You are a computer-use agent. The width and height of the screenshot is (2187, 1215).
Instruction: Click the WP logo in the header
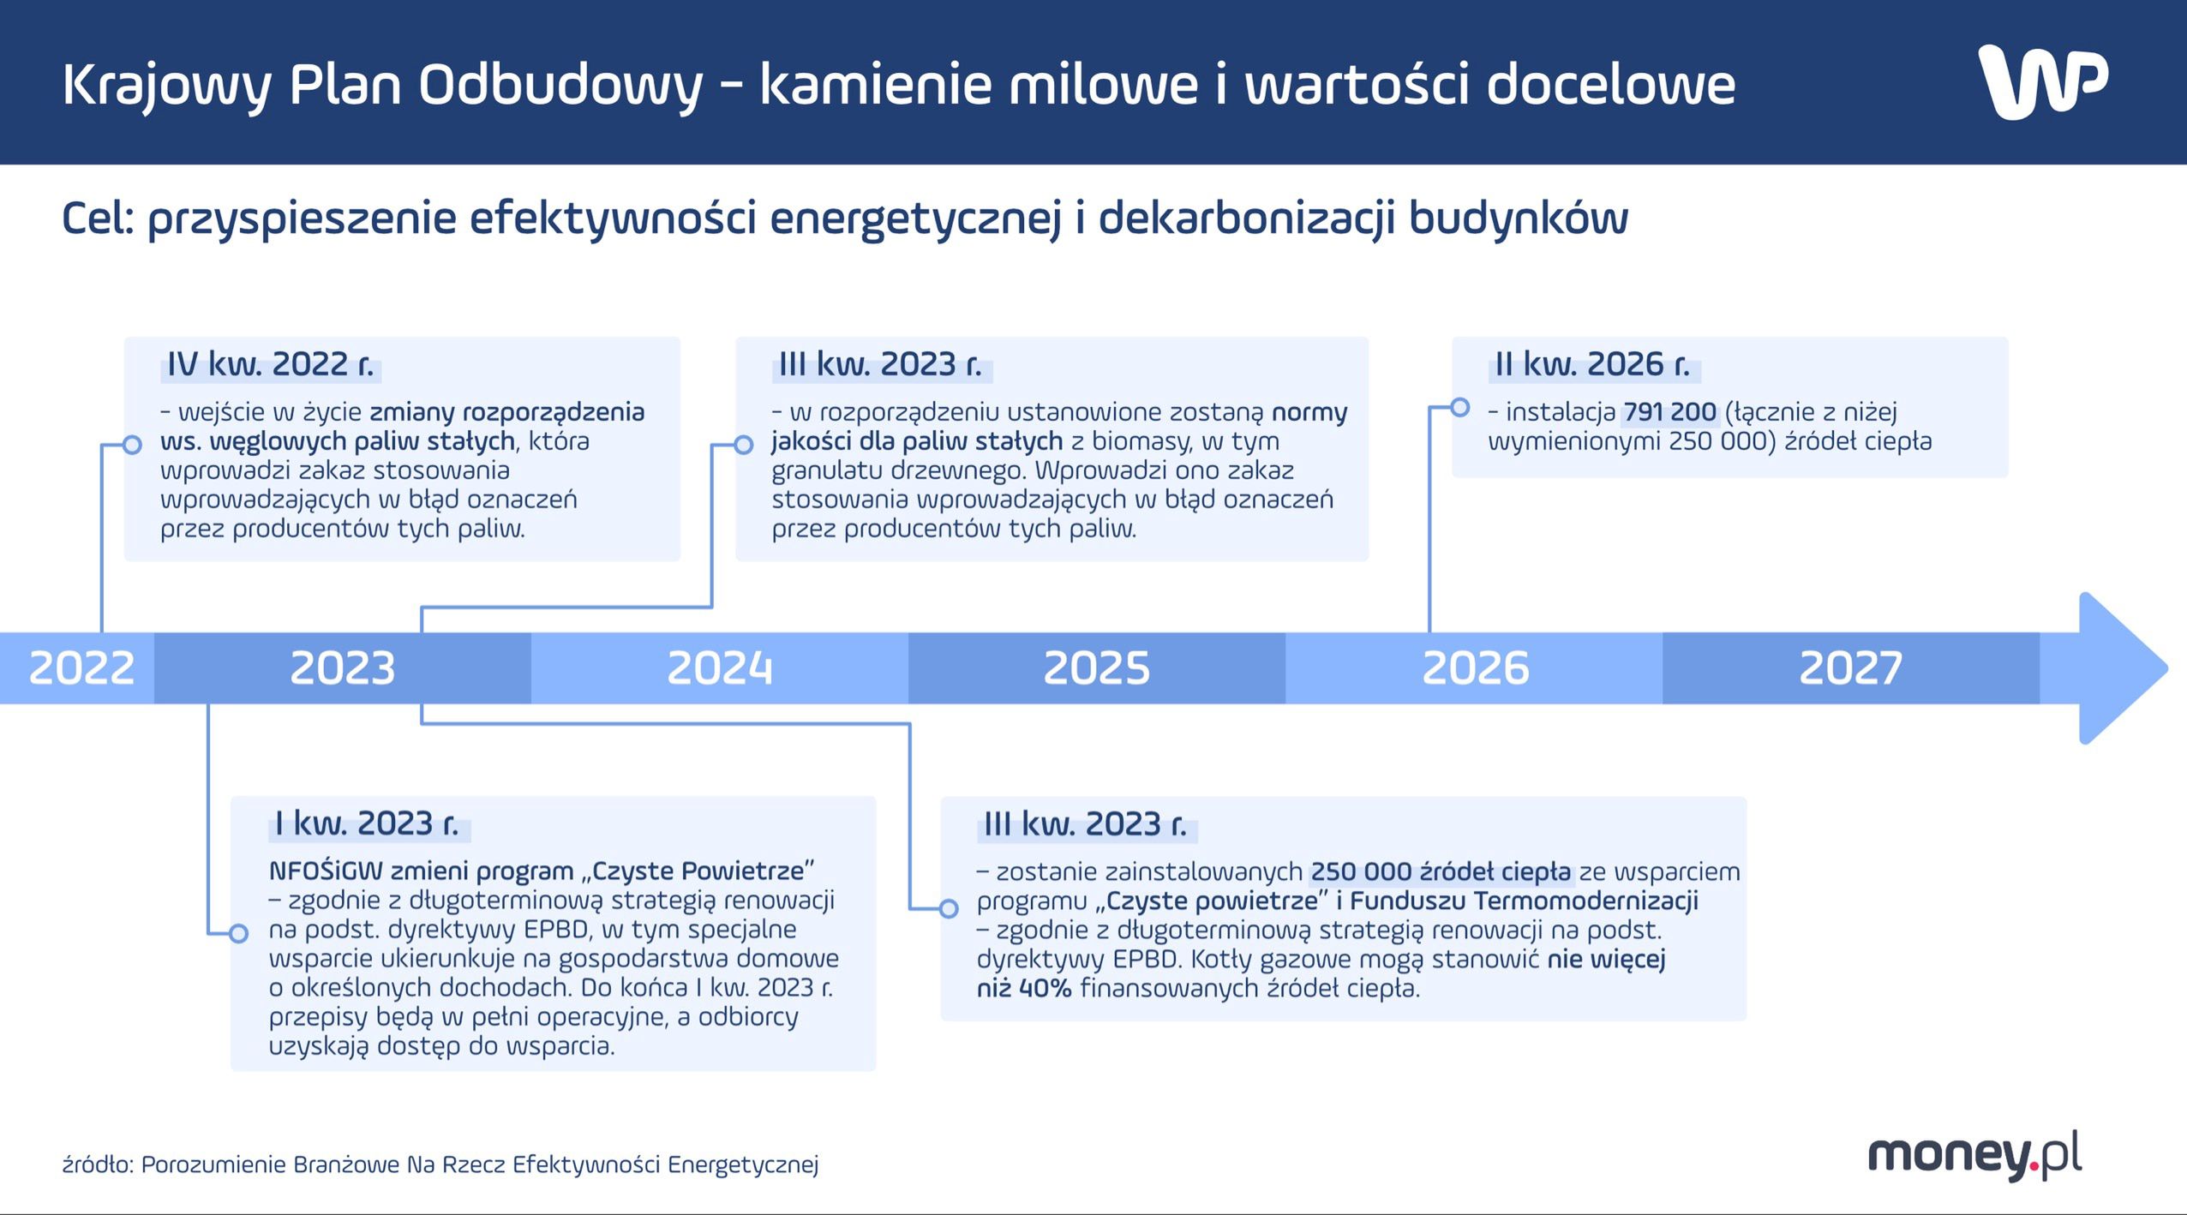[2043, 82]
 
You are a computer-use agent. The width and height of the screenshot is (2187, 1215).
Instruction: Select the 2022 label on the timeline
[81, 668]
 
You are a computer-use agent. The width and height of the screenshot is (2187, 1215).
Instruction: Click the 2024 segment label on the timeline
[719, 668]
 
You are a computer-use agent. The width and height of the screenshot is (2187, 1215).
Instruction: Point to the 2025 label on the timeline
[1096, 668]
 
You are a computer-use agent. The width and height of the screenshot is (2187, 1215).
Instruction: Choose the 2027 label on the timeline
[1850, 668]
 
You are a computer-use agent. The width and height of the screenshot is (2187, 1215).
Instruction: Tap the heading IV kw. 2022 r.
[271, 365]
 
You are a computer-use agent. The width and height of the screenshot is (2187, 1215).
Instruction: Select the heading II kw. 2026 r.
[1592, 365]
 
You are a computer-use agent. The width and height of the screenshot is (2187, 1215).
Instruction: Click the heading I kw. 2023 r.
[367, 824]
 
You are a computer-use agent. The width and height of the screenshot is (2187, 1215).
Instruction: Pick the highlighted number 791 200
[1669, 412]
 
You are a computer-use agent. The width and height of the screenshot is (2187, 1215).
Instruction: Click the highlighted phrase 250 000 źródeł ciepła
[1441, 872]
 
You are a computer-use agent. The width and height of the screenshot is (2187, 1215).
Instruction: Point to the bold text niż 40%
[1024, 989]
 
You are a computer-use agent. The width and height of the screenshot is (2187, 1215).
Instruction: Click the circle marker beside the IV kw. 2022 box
[132, 445]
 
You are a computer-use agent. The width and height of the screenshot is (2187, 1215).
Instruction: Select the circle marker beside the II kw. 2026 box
[1460, 407]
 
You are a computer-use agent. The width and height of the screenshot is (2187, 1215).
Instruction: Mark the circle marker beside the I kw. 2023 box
[239, 933]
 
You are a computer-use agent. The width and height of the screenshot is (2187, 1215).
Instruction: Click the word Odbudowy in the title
[560, 85]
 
